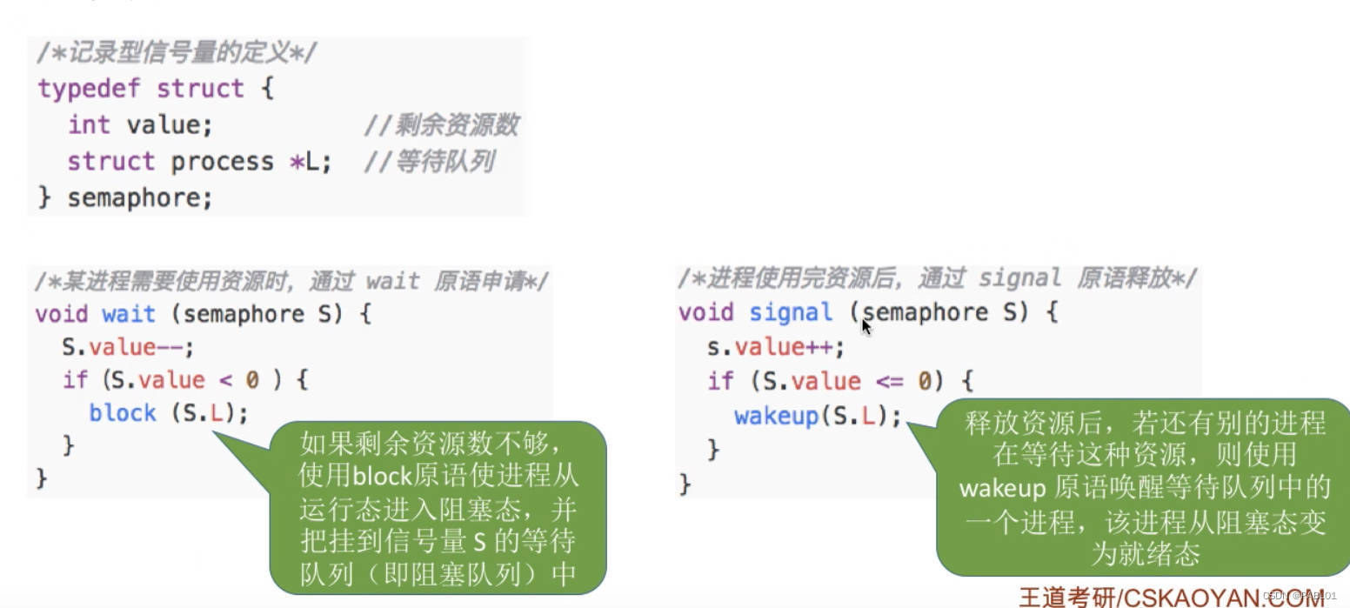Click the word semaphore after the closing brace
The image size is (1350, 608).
pos(139,198)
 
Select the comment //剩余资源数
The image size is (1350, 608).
pos(441,125)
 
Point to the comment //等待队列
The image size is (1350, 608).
pos(430,162)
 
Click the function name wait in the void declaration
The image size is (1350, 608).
pos(129,314)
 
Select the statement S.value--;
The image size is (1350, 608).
pos(128,347)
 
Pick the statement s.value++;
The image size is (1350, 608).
pos(775,347)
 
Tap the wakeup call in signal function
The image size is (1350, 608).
pos(777,416)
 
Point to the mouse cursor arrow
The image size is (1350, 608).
pos(866,326)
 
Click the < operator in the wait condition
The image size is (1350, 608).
pos(226,380)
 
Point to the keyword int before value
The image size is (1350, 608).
pos(89,125)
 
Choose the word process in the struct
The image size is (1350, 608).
pos(222,162)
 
